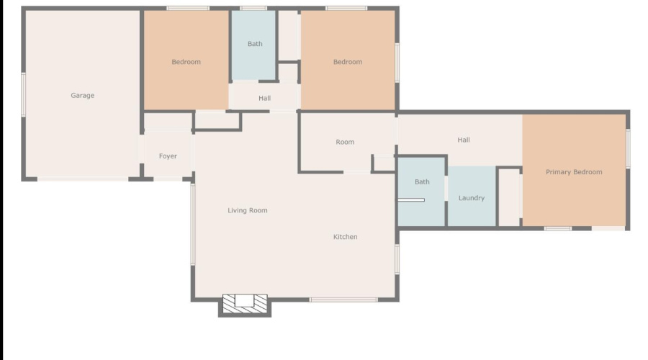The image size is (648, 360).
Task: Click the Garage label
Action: pos(82,95)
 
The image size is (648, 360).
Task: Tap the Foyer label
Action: pos(168,156)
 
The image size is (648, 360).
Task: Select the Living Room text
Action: pos(248,210)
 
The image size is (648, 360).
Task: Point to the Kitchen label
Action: pos(345,237)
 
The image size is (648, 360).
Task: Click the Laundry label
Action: pos(472,198)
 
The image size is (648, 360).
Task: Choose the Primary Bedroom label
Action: pos(574,172)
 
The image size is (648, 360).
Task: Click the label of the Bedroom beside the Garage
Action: pos(186,62)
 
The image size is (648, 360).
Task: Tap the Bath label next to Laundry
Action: pos(422,182)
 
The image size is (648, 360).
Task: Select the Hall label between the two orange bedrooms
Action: pos(264,98)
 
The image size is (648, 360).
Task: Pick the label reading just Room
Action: pos(345,142)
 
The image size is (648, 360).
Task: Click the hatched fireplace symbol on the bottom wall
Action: pos(245,303)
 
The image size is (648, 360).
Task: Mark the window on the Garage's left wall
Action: pos(23,94)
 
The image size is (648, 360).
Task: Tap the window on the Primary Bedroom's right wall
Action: pos(628,149)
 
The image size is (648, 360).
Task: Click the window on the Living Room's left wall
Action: pos(192,223)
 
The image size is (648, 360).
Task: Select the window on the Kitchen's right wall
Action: pos(397,259)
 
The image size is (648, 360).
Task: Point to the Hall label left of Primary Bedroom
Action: pos(464,140)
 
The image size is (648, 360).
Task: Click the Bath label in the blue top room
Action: pos(255,44)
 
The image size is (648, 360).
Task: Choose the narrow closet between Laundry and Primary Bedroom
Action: pos(509,198)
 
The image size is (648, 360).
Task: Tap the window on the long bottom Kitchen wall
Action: pos(343,300)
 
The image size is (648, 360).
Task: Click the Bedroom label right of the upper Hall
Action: pos(347,62)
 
